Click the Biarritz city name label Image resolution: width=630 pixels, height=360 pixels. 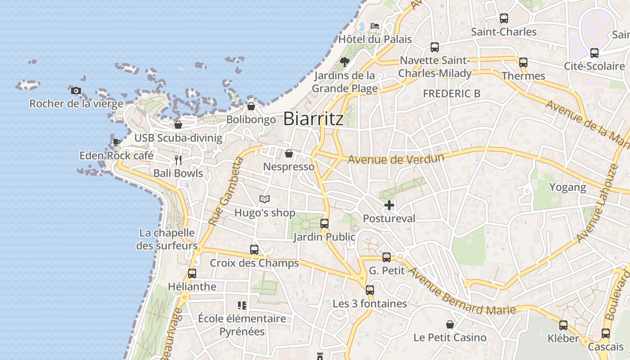coord(313,119)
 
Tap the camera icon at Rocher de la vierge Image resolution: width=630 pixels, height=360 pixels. coord(76,90)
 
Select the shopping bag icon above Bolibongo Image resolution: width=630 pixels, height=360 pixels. coord(251,106)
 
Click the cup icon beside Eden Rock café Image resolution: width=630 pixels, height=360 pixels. coord(116,142)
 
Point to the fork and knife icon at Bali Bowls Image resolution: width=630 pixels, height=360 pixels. coord(178,160)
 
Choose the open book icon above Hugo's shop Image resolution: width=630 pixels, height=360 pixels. coord(265,199)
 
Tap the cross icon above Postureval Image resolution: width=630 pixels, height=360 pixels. coord(389,205)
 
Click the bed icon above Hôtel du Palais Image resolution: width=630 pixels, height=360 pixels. coord(374,26)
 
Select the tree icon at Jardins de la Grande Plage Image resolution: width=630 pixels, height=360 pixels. coord(345,62)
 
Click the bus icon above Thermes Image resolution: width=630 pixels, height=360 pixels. coord(523,63)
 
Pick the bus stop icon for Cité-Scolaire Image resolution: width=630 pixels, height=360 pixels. coord(594,53)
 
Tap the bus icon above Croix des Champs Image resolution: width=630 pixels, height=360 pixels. coord(254,249)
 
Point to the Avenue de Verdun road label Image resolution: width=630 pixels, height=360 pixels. coord(396,158)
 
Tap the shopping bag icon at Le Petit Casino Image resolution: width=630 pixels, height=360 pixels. coord(450,324)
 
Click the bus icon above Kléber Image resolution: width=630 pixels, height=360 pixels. coord(563,325)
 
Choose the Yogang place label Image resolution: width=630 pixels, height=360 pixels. coord(567,187)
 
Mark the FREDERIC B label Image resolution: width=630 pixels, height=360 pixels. coord(451,94)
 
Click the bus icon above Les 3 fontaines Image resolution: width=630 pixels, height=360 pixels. coord(370,290)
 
